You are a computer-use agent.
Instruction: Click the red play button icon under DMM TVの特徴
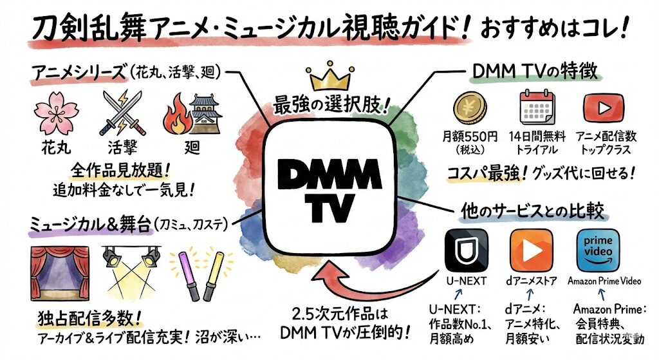[598, 109]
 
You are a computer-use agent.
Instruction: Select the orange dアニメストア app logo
[531, 251]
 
